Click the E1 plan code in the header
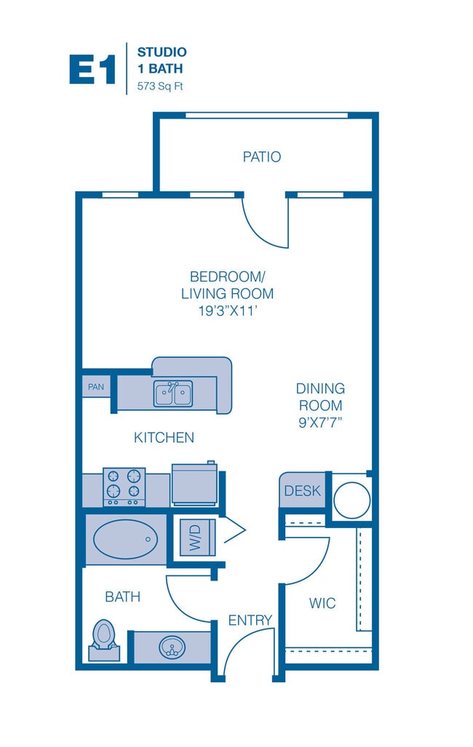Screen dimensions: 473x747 pyautogui.click(x=92, y=70)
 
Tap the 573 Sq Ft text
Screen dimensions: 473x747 pyautogui.click(x=160, y=87)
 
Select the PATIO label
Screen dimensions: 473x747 pyautogui.click(x=262, y=156)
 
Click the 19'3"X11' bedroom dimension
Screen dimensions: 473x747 pyautogui.click(x=228, y=311)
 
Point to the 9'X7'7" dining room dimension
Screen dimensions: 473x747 pyautogui.click(x=320, y=423)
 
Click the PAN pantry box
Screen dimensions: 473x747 pyautogui.click(x=96, y=387)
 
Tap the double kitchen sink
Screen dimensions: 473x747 pyautogui.click(x=173, y=394)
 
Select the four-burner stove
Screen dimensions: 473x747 pyautogui.click(x=124, y=487)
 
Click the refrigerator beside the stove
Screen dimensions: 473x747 pyautogui.click(x=194, y=484)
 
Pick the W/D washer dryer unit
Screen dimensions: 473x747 pyautogui.click(x=197, y=538)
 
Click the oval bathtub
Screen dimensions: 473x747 pyautogui.click(x=125, y=539)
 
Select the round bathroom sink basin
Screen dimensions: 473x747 pyautogui.click(x=172, y=647)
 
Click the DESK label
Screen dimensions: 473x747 pyautogui.click(x=302, y=491)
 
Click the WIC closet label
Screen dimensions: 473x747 pyautogui.click(x=322, y=603)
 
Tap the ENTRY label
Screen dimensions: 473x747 pyautogui.click(x=250, y=620)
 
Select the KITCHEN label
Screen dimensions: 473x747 pyautogui.click(x=164, y=437)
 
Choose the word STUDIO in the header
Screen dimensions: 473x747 pyautogui.click(x=162, y=52)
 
